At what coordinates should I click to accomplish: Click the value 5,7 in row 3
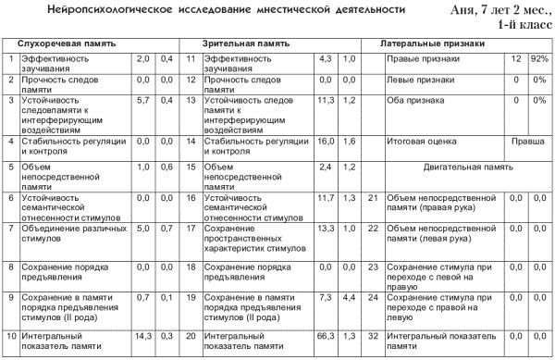[x=143, y=100]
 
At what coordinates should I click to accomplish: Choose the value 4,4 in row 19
[x=349, y=298]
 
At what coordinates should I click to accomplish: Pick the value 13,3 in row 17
[x=325, y=228]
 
